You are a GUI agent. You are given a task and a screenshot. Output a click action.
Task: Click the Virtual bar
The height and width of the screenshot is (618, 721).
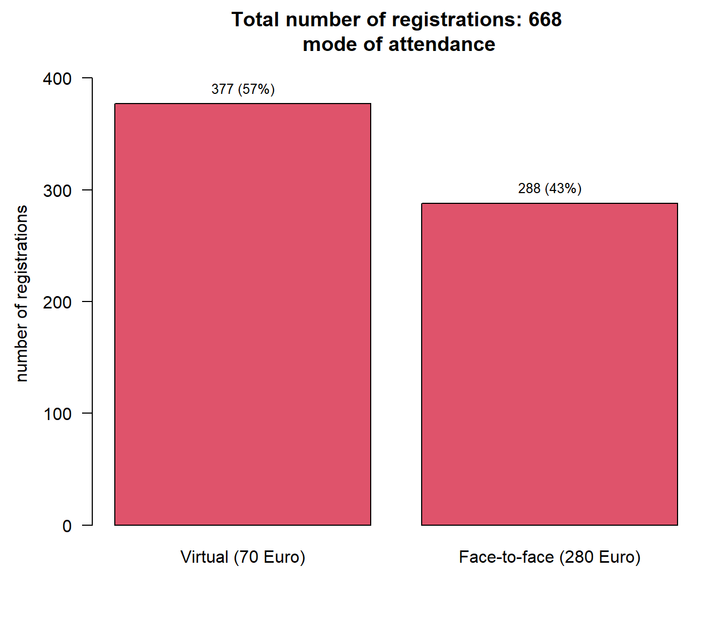tap(242, 314)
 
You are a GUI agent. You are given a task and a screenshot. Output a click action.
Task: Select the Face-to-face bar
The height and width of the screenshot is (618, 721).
tap(549, 364)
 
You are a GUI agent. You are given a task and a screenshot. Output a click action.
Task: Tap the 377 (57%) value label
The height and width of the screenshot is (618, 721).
tap(243, 89)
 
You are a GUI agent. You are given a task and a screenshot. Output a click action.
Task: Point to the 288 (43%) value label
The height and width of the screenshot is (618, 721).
tap(549, 188)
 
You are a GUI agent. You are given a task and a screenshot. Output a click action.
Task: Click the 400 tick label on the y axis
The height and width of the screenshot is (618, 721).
tap(57, 79)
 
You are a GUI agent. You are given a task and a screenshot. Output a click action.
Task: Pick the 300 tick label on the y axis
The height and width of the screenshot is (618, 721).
tap(57, 190)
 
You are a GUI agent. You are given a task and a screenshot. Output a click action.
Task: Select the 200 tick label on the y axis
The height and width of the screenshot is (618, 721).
tap(57, 302)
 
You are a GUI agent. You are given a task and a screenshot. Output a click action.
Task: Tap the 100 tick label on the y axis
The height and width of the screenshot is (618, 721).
tap(57, 414)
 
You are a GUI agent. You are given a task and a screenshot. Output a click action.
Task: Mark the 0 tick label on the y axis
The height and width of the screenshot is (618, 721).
tap(67, 526)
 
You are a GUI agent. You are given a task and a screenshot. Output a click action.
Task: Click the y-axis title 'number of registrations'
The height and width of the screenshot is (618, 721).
tap(21, 293)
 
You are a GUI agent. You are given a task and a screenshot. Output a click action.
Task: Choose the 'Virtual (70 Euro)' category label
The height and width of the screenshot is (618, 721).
tap(242, 557)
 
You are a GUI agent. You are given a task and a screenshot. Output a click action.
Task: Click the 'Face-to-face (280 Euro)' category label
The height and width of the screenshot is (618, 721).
tap(549, 557)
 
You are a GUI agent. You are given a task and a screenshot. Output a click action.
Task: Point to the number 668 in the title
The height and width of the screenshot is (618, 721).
tap(545, 20)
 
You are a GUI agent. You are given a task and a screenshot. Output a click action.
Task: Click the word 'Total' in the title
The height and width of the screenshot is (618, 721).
tap(255, 20)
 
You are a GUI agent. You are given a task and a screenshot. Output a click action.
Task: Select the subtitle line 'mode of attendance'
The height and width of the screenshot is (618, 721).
tap(399, 44)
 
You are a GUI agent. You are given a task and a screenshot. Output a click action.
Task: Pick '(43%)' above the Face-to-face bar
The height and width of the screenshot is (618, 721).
tap(563, 188)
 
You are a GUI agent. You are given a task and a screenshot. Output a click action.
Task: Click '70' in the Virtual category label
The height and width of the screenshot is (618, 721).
tap(248, 557)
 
